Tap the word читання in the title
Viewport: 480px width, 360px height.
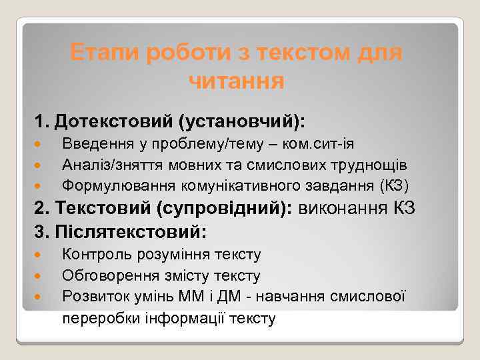pyautogui.click(x=237, y=81)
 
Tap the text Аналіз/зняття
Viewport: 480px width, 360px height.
pyautogui.click(x=104, y=164)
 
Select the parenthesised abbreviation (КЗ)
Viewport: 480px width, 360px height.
pyautogui.click(x=395, y=184)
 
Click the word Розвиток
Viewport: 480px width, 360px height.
pyautogui.click(x=90, y=296)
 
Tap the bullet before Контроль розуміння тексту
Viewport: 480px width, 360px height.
pyautogui.click(x=39, y=255)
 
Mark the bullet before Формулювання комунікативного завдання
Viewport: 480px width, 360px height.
pyautogui.click(x=39, y=185)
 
